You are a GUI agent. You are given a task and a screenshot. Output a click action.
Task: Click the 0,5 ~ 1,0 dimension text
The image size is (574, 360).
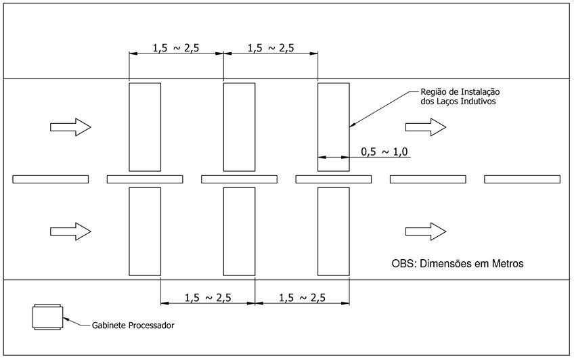point(384,152)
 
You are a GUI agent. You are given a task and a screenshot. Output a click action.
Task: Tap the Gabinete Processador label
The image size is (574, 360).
point(133,325)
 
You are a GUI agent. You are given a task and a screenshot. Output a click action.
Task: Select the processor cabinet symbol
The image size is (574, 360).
point(47,317)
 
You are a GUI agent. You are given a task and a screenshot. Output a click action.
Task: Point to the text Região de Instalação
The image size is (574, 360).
point(460,92)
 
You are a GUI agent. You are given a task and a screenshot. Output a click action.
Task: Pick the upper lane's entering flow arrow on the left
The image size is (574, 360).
point(70,127)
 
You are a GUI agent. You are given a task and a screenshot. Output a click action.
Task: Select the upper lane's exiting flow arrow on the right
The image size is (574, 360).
point(426,127)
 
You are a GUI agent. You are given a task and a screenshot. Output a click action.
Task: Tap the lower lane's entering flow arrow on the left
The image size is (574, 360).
point(70,231)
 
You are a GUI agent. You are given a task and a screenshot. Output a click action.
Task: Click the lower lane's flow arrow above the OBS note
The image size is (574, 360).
point(426,231)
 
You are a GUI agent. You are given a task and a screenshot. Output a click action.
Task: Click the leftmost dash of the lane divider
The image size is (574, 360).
point(51,179)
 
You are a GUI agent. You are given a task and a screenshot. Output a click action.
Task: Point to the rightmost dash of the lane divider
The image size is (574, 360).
point(523,179)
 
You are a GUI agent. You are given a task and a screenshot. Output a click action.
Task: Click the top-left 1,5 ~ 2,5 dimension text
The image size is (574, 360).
point(176,48)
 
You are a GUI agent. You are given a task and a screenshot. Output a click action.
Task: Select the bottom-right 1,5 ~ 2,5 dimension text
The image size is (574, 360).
point(303,298)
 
